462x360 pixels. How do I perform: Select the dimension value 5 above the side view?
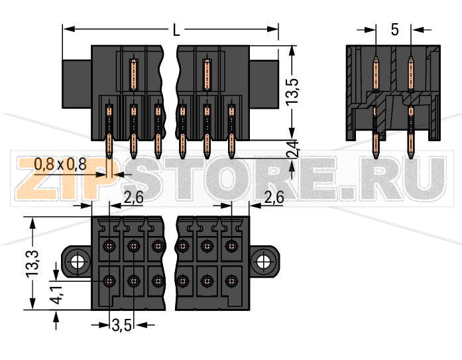394,30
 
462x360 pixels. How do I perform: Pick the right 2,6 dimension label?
274,197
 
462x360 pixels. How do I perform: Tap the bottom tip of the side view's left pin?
376,158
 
